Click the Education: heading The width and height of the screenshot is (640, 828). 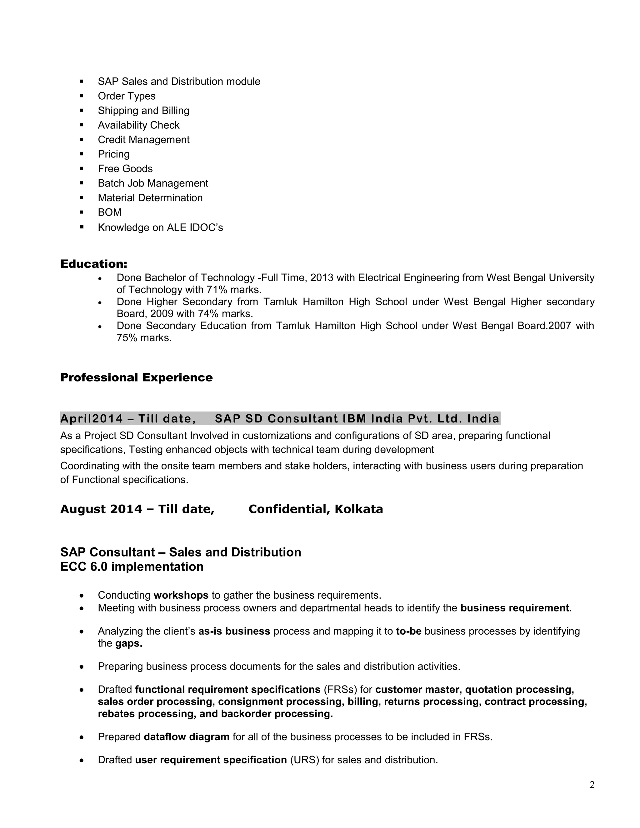pyautogui.click(x=94, y=264)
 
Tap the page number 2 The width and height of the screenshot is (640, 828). pyautogui.click(x=592, y=785)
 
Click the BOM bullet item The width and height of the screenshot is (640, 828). pyautogui.click(x=110, y=212)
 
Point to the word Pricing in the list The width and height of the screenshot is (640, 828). pyautogui.click(x=113, y=154)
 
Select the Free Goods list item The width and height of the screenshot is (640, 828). pyautogui.click(x=125, y=169)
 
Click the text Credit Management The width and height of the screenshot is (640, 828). pyautogui.click(x=143, y=140)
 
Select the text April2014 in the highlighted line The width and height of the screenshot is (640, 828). pyautogui.click(x=91, y=419)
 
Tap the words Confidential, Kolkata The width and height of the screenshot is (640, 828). pyautogui.click(x=315, y=509)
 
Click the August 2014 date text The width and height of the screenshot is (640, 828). pyautogui.click(x=101, y=509)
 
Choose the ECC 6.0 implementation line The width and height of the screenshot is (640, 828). pyautogui.click(x=132, y=566)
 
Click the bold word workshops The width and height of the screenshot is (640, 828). pyautogui.click(x=181, y=595)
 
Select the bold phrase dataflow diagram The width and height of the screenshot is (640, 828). pyautogui.click(x=187, y=737)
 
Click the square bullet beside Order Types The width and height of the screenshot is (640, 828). pyautogui.click(x=82, y=96)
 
